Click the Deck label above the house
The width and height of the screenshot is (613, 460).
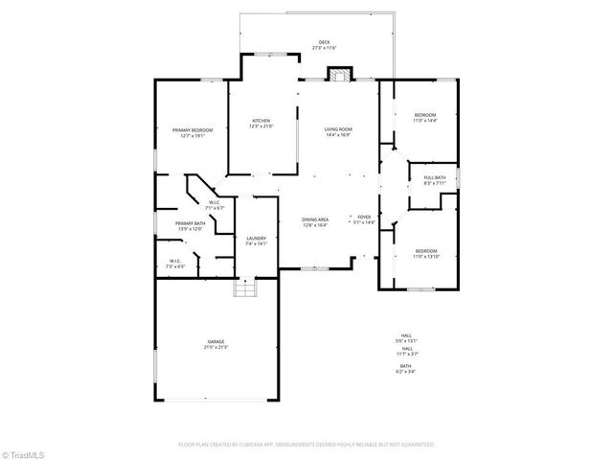(324, 45)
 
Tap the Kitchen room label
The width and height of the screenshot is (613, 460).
(261, 124)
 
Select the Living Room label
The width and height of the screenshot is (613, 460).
(337, 131)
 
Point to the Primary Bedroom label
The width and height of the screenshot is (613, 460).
(193, 132)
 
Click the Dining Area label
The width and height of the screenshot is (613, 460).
(315, 223)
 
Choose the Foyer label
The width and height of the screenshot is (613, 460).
(364, 220)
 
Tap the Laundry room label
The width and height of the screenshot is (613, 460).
(256, 241)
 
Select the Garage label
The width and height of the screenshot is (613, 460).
(215, 344)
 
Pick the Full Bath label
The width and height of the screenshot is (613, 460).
(434, 179)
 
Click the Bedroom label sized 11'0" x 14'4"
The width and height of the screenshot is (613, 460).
(424, 117)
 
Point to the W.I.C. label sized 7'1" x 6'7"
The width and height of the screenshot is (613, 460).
(215, 205)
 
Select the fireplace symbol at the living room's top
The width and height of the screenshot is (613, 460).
(339, 75)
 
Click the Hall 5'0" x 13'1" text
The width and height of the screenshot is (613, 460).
(406, 338)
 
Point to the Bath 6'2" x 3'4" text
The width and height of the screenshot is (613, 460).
(406, 368)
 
